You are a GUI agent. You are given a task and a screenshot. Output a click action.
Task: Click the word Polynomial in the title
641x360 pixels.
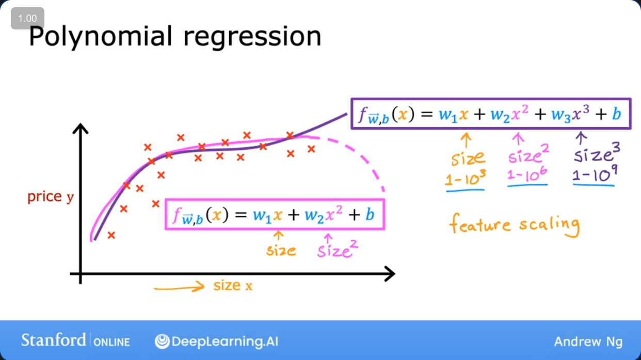coord(101,37)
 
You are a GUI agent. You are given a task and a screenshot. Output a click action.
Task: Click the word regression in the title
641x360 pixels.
coord(252,38)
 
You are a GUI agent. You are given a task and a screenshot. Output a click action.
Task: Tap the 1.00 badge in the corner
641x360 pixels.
coord(27,18)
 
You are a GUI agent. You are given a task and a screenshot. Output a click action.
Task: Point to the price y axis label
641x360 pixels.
coord(51,197)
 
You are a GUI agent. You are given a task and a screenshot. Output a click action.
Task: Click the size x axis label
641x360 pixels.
coord(233,286)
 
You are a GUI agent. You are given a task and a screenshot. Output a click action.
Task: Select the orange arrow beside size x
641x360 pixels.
coord(179,287)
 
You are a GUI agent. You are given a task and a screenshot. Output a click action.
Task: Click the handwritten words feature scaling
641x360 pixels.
coord(514,225)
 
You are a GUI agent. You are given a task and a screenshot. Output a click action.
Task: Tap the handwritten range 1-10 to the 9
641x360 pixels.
coord(595,175)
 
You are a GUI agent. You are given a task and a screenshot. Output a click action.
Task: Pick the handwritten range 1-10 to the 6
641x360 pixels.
coord(527,175)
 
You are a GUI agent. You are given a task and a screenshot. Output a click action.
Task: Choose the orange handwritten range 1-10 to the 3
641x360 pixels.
coord(466,178)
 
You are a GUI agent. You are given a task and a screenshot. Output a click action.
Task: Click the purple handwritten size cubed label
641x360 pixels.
coord(597,153)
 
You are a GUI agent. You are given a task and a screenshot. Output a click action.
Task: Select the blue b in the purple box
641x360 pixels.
coord(617,114)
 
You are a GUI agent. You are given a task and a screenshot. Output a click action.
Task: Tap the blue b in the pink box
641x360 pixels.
coord(370,214)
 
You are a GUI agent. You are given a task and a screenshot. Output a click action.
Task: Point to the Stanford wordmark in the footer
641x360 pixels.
coord(54,340)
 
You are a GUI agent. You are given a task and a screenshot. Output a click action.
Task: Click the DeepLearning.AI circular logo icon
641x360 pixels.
coord(162,341)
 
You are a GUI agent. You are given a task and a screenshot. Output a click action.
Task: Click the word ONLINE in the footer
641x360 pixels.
coord(111,342)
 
